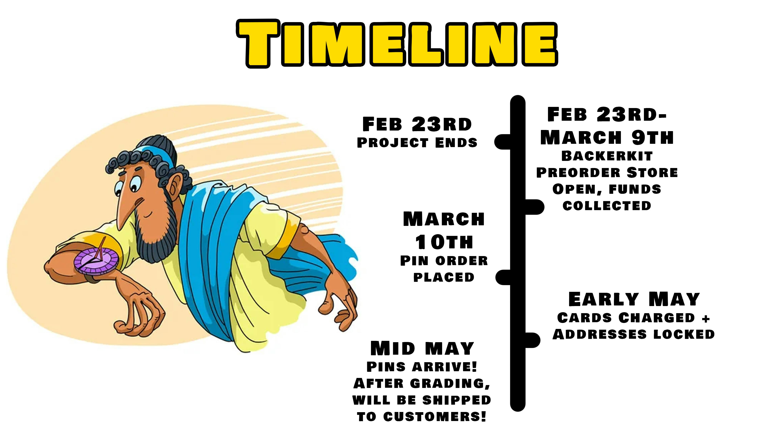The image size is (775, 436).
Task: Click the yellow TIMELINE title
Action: click(397, 44)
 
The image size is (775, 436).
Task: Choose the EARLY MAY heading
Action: click(634, 299)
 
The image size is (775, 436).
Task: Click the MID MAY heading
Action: click(422, 349)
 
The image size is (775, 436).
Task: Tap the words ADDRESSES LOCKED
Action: click(634, 334)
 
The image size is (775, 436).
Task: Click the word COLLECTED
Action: click(607, 206)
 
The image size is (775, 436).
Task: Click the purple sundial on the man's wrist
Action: click(96, 260)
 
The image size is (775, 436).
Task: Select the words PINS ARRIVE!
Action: click(422, 367)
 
